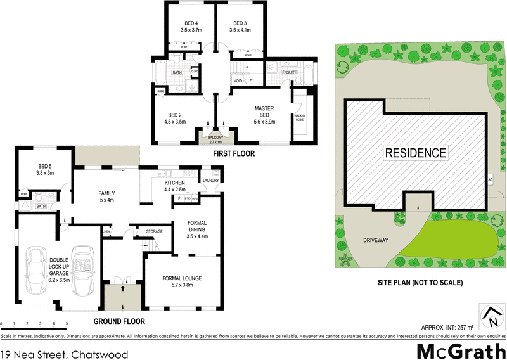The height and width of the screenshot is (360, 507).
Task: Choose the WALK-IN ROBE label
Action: point(300,117)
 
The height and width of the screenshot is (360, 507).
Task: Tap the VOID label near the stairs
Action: point(238,81)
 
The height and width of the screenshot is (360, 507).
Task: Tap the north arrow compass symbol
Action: point(490,314)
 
